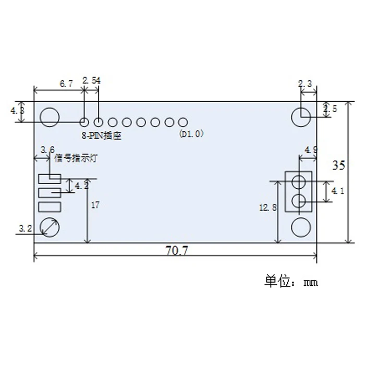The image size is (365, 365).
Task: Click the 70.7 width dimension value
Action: [x=176, y=251]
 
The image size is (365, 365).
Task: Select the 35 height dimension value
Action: [x=339, y=165]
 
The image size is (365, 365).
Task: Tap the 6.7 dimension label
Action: [x=66, y=83]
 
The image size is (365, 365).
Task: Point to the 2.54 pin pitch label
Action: [x=92, y=80]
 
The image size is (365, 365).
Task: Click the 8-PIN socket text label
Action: [x=102, y=136]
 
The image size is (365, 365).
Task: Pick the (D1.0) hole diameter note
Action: [x=191, y=134]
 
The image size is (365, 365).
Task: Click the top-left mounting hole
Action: [x=50, y=117]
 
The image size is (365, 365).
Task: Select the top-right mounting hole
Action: [x=301, y=117]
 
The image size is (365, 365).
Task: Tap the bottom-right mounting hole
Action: [x=301, y=227]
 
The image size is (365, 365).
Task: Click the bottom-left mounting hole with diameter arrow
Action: [x=50, y=227]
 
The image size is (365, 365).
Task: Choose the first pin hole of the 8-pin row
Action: [x=84, y=121]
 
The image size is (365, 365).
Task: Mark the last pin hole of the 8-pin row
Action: [x=183, y=122]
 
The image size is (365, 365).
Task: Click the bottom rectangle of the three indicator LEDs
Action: [x=50, y=207]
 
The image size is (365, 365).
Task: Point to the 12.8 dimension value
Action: [x=268, y=208]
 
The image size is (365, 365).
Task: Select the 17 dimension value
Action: [x=95, y=205]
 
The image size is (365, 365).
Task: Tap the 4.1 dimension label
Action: [x=337, y=191]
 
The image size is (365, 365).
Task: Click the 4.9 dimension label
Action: [x=311, y=150]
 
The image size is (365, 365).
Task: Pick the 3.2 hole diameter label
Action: [x=26, y=228]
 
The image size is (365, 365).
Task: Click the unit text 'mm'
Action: [x=311, y=283]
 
